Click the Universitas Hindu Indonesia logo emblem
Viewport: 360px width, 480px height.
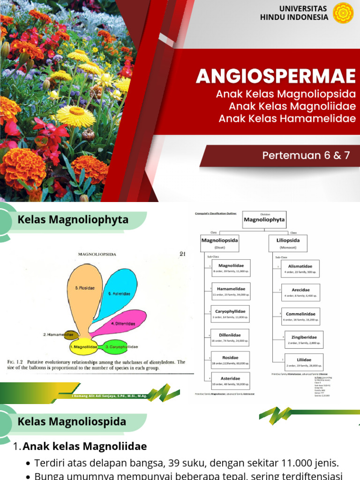click(343, 13)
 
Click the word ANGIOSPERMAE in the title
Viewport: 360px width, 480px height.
click(276, 76)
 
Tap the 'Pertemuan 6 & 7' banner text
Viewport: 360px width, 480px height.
click(306, 156)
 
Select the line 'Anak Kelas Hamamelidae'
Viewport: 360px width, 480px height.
click(287, 118)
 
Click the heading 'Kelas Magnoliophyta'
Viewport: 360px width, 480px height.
click(73, 219)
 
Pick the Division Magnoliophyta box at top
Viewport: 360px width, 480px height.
click(264, 219)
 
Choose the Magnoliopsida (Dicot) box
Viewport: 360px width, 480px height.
click(220, 243)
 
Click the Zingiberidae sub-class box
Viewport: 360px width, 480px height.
click(304, 340)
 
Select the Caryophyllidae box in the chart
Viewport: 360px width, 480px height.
click(230, 314)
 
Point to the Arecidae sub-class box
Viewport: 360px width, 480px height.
click(300, 292)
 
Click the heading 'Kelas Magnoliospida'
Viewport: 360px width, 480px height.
click(72, 421)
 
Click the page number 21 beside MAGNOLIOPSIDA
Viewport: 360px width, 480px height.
click(183, 254)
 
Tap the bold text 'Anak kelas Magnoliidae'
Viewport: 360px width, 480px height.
click(85, 446)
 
